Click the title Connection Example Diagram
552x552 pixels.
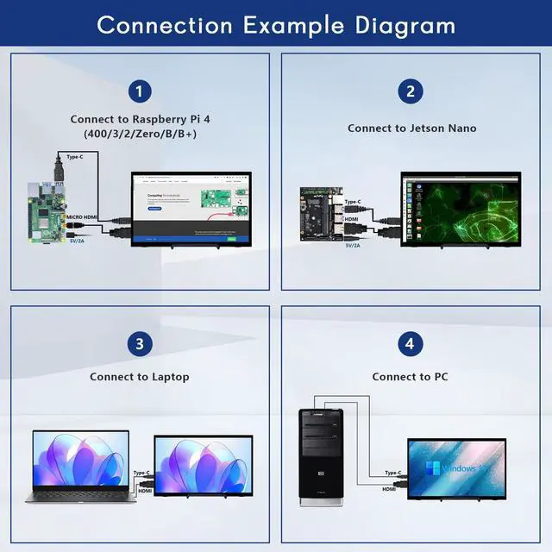(x=276, y=24)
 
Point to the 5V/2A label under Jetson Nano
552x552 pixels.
(x=353, y=246)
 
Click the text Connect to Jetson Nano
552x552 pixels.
(x=411, y=129)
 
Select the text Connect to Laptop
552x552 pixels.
(x=140, y=377)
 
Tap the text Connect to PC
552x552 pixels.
(x=410, y=377)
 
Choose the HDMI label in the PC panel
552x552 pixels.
(x=389, y=490)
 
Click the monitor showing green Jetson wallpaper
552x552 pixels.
(x=464, y=210)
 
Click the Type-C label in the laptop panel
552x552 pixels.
(x=141, y=473)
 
